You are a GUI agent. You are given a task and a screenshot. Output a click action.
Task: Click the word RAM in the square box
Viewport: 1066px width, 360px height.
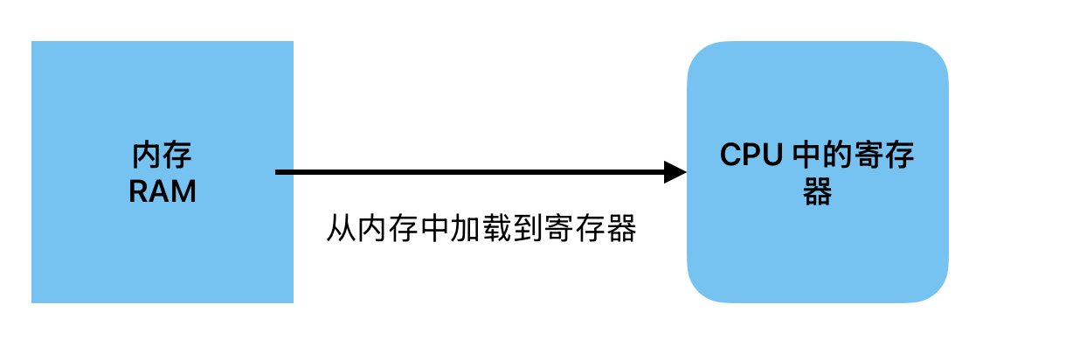coord(163,190)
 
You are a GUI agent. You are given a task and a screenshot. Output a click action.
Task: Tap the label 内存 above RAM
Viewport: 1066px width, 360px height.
coord(163,157)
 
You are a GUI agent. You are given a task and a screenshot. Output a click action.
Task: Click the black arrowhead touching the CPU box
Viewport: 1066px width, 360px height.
coord(675,172)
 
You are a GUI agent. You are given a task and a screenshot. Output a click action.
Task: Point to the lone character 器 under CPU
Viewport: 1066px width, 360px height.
coord(817,191)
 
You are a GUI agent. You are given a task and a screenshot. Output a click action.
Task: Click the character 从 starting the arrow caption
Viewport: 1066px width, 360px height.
coord(341,229)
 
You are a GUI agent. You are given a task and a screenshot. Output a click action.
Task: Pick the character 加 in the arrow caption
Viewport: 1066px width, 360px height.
coord(465,229)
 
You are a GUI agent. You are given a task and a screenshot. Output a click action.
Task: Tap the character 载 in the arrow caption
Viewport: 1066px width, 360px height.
coord(495,229)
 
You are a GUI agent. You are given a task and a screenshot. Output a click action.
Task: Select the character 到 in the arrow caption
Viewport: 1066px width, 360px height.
coord(527,229)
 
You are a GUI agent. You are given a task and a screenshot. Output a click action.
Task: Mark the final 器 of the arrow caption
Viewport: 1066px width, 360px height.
coord(620,229)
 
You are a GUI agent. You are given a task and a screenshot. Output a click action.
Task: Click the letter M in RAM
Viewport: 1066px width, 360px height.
coord(183,190)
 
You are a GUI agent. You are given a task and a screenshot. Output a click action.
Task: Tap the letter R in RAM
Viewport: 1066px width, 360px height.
coord(140,190)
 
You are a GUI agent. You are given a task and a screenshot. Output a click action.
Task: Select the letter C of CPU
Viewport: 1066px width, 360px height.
coord(730,157)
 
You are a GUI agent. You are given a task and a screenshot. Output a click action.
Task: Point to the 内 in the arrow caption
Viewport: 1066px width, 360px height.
coord(371,229)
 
